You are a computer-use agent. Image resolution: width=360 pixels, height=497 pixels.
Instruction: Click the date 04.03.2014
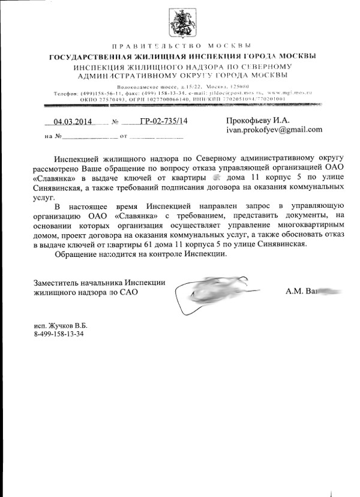click(71, 121)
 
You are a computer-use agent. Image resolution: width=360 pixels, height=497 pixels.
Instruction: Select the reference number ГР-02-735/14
click(163, 121)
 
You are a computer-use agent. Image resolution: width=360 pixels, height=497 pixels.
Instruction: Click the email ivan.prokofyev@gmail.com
click(274, 129)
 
